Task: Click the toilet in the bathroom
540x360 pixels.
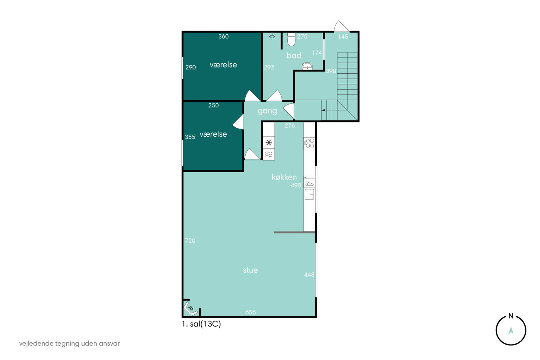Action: [291, 39]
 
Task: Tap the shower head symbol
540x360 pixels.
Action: [272, 36]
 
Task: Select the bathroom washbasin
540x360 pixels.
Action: [307, 66]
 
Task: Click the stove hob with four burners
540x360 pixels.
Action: [309, 143]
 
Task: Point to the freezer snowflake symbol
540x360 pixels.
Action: [269, 142]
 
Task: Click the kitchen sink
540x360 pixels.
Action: [309, 194]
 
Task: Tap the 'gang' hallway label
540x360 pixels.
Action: [267, 111]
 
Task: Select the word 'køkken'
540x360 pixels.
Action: [284, 177]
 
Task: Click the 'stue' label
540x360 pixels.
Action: [250, 270]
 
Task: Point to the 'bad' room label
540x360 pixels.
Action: [294, 56]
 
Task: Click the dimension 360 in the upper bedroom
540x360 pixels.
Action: [223, 36]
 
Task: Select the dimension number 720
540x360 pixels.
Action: [190, 241]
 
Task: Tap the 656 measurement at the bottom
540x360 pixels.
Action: [250, 312]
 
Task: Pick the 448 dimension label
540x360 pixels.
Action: [309, 275]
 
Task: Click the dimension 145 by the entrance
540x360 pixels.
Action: [343, 37]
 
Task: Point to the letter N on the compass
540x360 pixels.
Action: [511, 316]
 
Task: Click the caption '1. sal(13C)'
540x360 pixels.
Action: [201, 324]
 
